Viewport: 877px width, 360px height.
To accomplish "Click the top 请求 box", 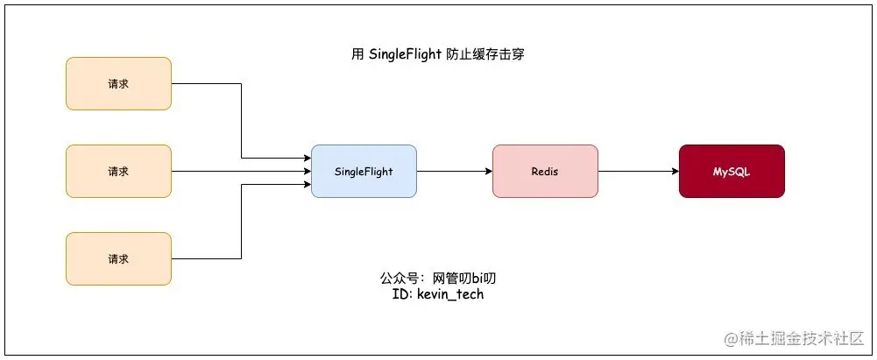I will point(118,84).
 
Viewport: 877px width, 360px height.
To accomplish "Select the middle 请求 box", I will point(118,172).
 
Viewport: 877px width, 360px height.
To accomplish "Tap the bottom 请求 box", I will point(118,259).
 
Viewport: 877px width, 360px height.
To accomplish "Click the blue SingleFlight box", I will point(364,172).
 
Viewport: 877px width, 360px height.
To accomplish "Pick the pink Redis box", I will point(545,172).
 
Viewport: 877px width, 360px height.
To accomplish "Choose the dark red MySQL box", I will point(732,172).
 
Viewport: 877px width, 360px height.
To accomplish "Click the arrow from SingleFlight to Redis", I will point(454,172).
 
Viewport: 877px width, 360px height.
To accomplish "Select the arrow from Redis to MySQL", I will point(638,172).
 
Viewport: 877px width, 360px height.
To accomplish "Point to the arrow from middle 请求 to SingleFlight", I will point(241,172).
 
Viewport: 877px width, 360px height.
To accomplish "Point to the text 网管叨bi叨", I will point(470,279).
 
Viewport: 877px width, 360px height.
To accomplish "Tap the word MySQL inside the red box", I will point(732,172).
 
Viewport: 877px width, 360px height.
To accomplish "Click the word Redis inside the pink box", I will point(545,172).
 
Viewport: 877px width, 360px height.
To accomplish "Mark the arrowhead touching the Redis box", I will point(488,172).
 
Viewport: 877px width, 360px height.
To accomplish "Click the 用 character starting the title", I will point(357,54).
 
